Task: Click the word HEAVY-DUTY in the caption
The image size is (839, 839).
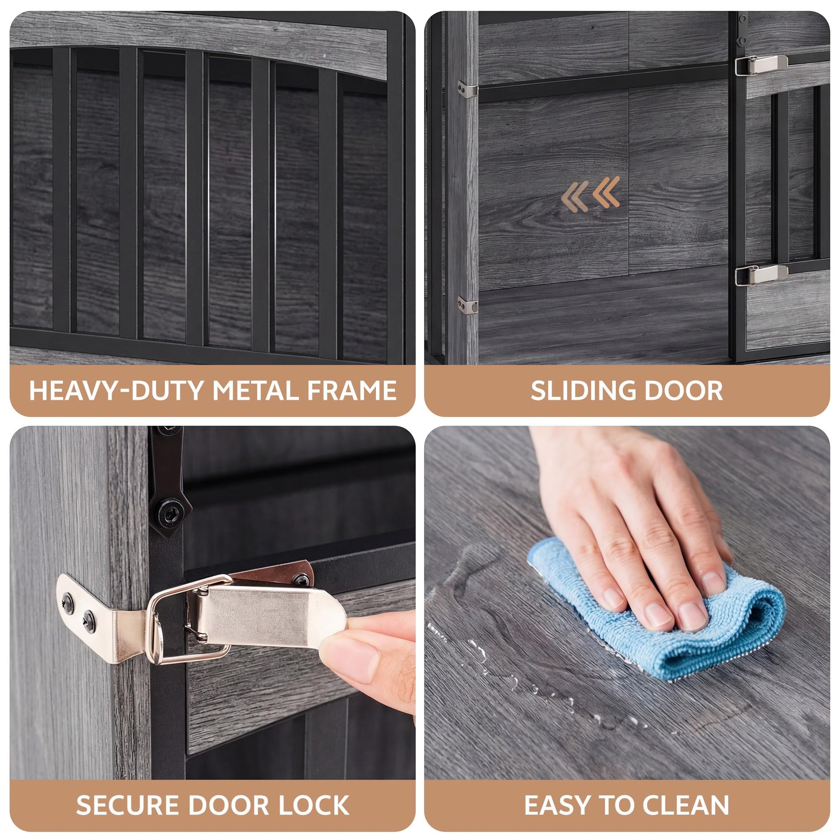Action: pyautogui.click(x=117, y=390)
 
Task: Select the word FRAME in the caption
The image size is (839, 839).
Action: pyautogui.click(x=352, y=390)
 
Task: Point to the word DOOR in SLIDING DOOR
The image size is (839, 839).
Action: pyautogui.click(x=683, y=391)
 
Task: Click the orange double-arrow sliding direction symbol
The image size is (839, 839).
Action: pyautogui.click(x=590, y=194)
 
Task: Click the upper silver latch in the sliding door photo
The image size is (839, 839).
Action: pyautogui.click(x=761, y=65)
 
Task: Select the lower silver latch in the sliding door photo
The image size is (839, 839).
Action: pyautogui.click(x=761, y=275)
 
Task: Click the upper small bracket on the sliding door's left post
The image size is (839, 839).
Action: pyautogui.click(x=467, y=89)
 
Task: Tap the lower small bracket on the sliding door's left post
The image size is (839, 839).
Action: pyautogui.click(x=467, y=304)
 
